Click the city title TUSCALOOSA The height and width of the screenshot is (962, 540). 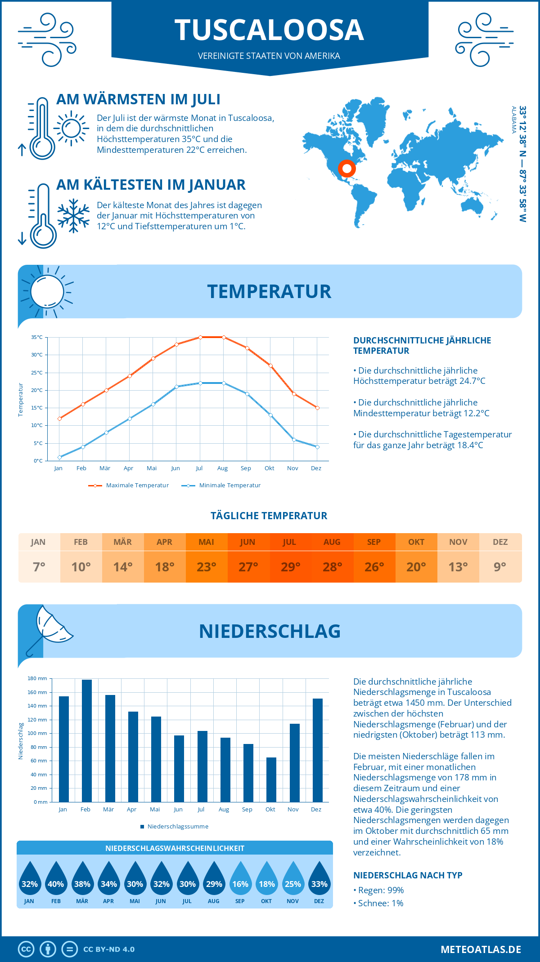(x=269, y=31)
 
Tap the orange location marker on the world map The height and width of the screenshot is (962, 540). (x=346, y=169)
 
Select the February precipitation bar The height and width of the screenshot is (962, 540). (x=86, y=740)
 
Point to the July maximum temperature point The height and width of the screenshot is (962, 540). (x=200, y=337)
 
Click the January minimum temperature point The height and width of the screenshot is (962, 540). (x=59, y=457)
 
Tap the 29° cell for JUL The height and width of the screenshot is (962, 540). (x=290, y=567)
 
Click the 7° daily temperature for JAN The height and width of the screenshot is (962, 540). (x=39, y=567)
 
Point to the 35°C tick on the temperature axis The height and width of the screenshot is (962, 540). (x=37, y=337)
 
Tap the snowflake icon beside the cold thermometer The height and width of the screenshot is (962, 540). (x=73, y=216)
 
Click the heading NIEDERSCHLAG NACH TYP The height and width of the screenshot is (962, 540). (x=408, y=875)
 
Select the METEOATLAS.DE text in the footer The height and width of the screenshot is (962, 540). (x=481, y=949)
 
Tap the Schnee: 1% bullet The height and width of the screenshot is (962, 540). (x=379, y=903)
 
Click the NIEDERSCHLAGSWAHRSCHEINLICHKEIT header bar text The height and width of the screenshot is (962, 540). (x=175, y=848)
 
